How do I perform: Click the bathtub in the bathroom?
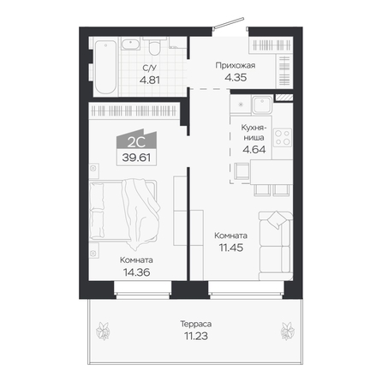tap(105, 67)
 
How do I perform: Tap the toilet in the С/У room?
tap(155, 46)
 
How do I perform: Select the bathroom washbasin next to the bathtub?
tap(131, 44)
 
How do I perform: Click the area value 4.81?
tap(150, 80)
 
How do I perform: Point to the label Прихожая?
tap(236, 66)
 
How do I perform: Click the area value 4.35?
tap(236, 77)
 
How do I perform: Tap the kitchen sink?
tap(262, 104)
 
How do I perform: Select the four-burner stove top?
tap(283, 138)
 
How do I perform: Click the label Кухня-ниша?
tap(254, 132)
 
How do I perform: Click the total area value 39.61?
tap(136, 158)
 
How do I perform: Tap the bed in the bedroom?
tap(123, 211)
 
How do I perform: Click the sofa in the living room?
tap(276, 246)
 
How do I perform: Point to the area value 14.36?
tap(136, 272)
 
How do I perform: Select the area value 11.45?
tap(231, 248)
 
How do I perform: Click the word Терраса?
tap(196, 324)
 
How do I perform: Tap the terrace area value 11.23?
tap(196, 336)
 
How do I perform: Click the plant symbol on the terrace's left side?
tap(103, 331)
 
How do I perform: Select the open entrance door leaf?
tap(229, 23)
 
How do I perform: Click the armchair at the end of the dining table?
tap(242, 170)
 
